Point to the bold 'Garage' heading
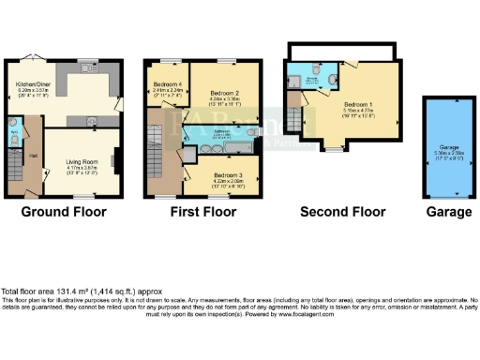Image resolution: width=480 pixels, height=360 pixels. click(x=447, y=213)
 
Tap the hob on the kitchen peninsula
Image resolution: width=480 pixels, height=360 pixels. click(x=94, y=119)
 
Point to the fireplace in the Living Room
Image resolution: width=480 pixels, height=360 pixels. click(x=115, y=160)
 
